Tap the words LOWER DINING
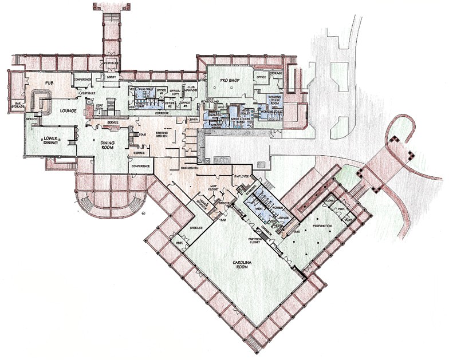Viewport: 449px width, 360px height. pyautogui.click(x=48, y=141)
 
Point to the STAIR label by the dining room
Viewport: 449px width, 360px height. pyautogui.click(x=142, y=135)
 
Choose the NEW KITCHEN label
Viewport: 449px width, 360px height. pyautogui.click(x=189, y=168)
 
